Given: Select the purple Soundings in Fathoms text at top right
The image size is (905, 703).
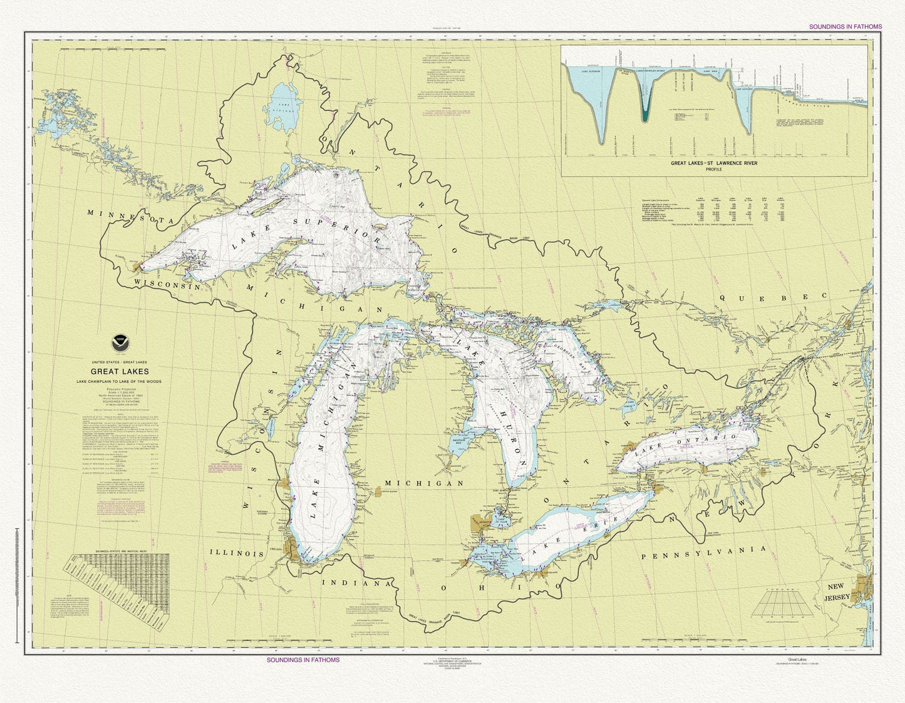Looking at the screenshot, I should [x=845, y=27].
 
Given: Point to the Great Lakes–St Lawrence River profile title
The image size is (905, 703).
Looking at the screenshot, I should [x=714, y=163].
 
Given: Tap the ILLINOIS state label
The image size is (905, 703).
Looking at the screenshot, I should [x=237, y=553].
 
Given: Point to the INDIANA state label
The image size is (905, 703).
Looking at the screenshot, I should [x=359, y=583].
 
